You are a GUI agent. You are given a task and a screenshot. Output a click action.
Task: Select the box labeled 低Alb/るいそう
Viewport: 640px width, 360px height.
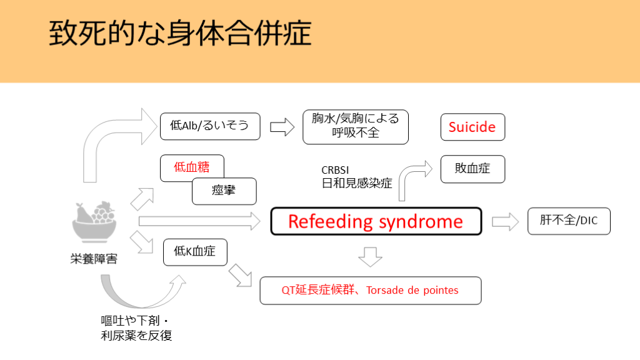(209, 126)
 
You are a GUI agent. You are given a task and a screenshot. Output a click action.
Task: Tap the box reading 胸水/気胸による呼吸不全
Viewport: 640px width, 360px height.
(355, 126)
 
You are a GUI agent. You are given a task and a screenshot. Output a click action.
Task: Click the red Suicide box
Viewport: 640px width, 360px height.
(472, 127)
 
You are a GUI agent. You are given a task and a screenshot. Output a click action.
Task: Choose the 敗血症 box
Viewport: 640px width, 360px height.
(472, 169)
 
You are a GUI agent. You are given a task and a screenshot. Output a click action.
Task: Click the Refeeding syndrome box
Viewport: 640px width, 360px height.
(376, 221)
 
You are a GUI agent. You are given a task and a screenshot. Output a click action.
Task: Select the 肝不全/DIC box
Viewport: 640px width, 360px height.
(568, 221)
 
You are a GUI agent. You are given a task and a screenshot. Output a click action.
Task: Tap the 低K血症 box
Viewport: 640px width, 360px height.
(194, 251)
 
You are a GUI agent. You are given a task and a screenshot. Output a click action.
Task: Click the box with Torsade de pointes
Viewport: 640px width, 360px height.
(370, 290)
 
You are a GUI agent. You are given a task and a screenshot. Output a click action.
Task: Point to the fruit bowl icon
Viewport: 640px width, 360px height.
(94, 222)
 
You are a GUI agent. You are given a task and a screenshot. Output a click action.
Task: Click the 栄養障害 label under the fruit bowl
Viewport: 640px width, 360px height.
(94, 258)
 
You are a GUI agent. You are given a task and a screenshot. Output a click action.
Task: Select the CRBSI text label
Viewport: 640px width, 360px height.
(336, 170)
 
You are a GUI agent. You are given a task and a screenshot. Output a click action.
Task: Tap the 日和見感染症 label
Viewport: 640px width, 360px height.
(356, 182)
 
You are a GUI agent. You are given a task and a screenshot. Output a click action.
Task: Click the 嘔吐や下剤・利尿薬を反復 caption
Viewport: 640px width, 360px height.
(136, 327)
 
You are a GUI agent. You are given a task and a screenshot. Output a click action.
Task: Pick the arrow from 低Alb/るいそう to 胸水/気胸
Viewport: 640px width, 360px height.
(282, 127)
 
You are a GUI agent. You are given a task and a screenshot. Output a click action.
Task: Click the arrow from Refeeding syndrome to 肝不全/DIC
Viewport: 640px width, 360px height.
(505, 221)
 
